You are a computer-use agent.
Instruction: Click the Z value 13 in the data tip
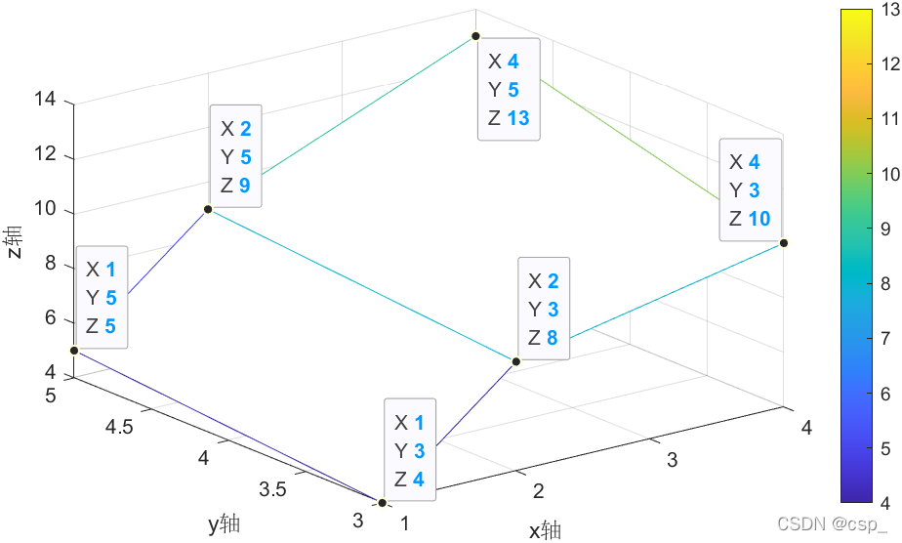tap(518, 118)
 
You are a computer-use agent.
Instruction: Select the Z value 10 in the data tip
tap(759, 218)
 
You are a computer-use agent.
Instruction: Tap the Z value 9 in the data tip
tap(246, 185)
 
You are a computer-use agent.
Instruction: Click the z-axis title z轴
tap(13, 241)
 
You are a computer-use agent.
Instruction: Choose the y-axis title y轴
tap(224, 524)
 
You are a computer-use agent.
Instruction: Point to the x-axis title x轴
tap(545, 530)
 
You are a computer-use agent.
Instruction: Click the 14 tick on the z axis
tap(45, 101)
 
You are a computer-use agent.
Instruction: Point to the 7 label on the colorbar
tap(886, 338)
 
